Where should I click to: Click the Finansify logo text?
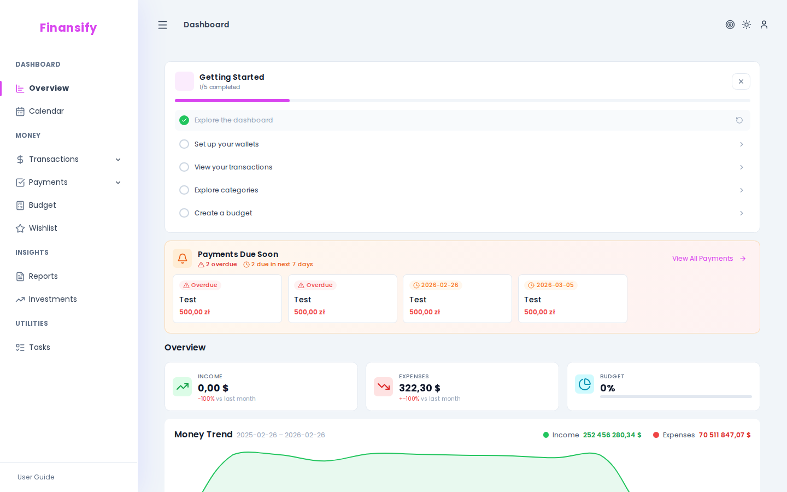68,28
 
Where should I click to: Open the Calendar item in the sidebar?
46,112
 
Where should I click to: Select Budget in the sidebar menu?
42,206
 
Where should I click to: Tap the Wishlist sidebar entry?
43,229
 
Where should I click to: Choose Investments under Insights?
52,300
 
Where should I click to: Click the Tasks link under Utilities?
39,348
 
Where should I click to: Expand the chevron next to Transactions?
118,160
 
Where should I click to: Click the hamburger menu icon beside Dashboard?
162,25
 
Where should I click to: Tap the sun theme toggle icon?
747,25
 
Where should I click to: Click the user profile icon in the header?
764,25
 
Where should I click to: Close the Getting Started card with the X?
741,81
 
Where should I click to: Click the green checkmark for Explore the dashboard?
184,120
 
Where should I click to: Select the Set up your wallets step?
226,144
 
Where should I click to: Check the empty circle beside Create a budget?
184,213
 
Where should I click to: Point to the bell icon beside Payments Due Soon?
183,259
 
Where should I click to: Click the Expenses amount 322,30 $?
419,388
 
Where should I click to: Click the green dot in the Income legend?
545,435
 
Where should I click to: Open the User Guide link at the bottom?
36,477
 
